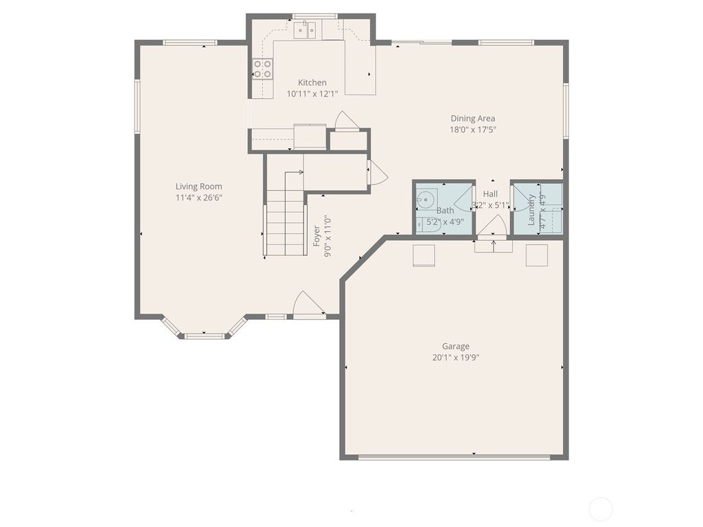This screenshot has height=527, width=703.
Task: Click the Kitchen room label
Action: point(312,82)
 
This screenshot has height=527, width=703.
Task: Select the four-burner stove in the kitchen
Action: point(262,68)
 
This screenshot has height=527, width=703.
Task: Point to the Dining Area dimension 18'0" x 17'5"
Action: point(472,129)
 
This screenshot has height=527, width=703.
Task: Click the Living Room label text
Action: point(198,186)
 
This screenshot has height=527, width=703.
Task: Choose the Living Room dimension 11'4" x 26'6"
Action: point(198,198)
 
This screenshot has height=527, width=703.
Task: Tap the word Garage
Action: point(456,347)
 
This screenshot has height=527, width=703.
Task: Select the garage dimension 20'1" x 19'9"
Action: point(456,358)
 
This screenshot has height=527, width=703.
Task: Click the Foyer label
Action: point(316,237)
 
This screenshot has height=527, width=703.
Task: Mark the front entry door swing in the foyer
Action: point(308,305)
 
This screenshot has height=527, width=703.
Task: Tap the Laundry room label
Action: point(531,209)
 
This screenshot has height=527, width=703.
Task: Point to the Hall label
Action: point(490,194)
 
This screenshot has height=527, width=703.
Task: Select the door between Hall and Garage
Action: point(492,226)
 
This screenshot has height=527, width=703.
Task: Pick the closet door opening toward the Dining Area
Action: point(377,173)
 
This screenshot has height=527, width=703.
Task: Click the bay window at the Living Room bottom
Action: point(205,336)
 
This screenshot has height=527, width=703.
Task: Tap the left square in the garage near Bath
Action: point(423,255)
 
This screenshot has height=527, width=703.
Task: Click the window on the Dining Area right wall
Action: point(566,110)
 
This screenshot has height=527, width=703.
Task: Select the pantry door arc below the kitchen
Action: point(347,121)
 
